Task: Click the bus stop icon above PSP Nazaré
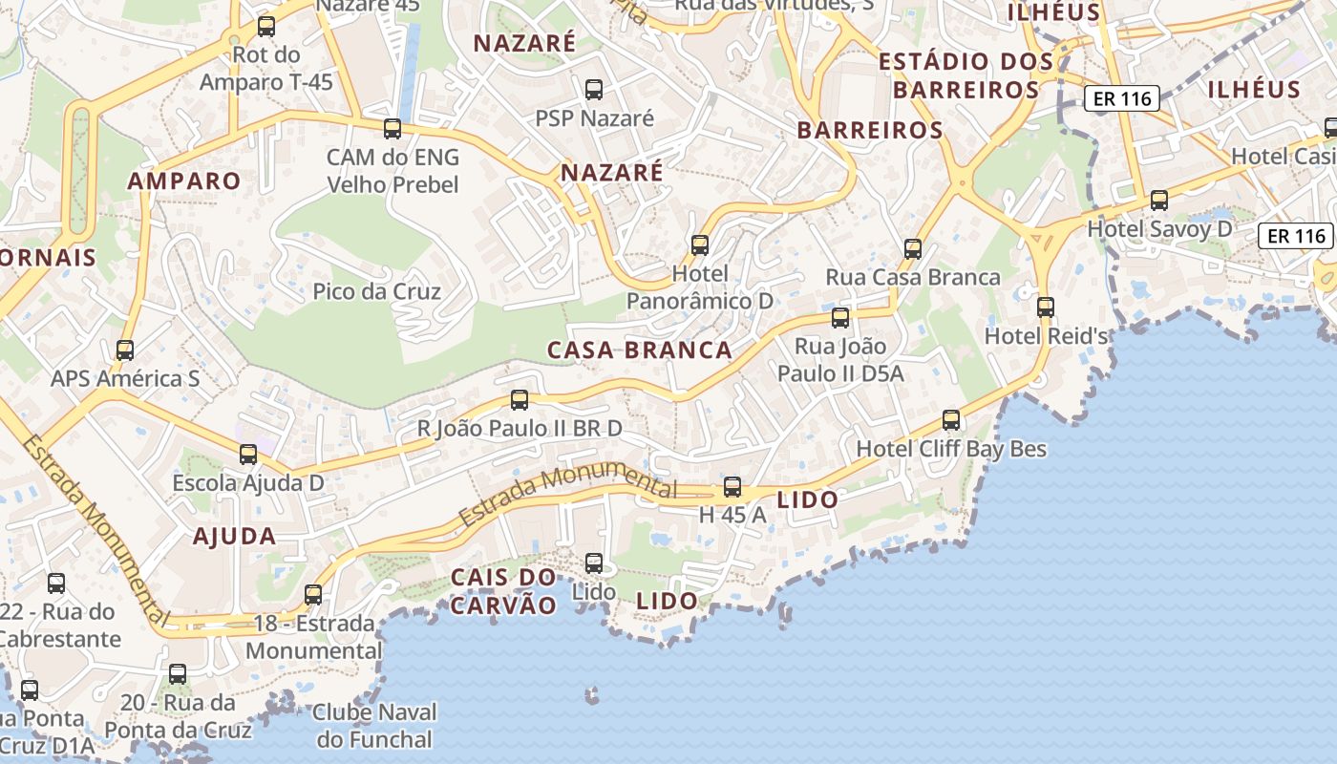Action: coord(594,90)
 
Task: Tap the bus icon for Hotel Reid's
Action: coord(1046,308)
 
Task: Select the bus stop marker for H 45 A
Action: coord(732,487)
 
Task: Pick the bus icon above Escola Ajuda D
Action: coord(248,455)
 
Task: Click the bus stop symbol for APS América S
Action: coord(125,350)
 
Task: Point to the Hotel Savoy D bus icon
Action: coord(1159,201)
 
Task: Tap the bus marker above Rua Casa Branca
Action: coord(913,249)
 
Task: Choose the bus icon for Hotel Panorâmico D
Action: coord(700,245)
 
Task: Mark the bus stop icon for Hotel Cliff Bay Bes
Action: coord(951,420)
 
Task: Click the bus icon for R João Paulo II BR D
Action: coord(520,400)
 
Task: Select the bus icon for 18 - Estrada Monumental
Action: coord(313,595)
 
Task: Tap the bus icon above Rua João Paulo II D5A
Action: coord(840,318)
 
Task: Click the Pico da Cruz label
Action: coord(377,291)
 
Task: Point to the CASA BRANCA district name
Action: coord(640,350)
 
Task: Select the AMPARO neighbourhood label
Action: coord(184,181)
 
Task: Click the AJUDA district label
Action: coord(235,537)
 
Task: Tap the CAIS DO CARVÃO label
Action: coord(503,591)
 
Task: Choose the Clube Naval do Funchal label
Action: coord(375,726)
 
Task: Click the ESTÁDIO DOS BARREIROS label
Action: coord(966,75)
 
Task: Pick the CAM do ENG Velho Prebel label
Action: coord(393,171)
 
